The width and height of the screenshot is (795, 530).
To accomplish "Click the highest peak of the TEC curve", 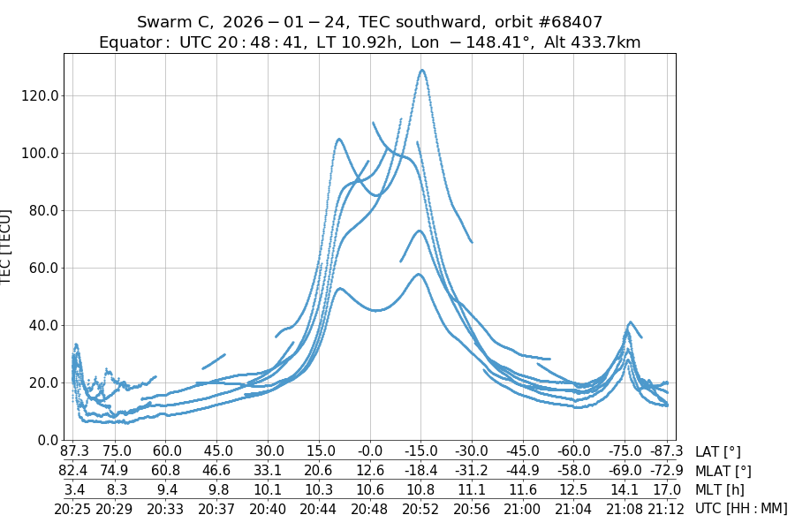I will [x=422, y=70].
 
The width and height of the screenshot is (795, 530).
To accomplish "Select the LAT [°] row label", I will [x=718, y=452].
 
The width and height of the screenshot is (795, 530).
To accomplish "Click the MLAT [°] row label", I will [x=723, y=471].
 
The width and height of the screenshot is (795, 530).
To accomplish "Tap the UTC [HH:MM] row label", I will [x=740, y=508].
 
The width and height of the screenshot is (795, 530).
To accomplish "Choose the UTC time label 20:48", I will [x=372, y=508].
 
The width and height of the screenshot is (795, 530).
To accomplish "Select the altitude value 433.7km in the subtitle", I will [x=598, y=42].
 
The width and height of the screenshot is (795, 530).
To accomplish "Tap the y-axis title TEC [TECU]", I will [x=7, y=247].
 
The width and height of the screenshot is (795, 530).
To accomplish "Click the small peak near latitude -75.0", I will [x=630, y=322].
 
